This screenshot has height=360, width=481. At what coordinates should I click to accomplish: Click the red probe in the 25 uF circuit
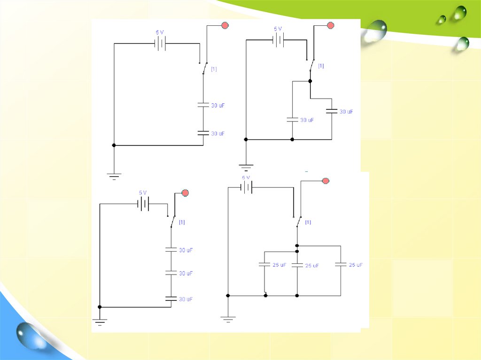pyautogui.click(x=326, y=181)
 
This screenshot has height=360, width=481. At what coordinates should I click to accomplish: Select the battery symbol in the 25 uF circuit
pyautogui.click(x=247, y=188)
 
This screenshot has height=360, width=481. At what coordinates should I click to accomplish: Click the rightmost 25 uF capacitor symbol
pyautogui.click(x=341, y=265)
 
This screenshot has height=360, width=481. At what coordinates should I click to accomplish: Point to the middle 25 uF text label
pyautogui.click(x=312, y=266)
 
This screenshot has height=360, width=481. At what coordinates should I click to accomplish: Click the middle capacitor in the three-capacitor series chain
pyautogui.click(x=171, y=273)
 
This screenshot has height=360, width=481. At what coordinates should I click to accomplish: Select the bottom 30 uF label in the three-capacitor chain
pyautogui.click(x=186, y=299)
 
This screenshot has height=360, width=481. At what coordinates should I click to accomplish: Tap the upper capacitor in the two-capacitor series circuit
pyautogui.click(x=203, y=106)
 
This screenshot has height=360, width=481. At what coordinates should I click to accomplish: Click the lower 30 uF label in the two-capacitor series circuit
pyautogui.click(x=217, y=134)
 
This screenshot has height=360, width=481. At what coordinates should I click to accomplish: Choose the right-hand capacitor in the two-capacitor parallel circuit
pyautogui.click(x=332, y=112)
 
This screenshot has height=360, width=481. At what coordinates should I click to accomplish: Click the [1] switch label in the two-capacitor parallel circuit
pyautogui.click(x=321, y=66)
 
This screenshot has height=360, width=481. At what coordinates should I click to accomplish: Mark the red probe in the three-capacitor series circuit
pyautogui.click(x=185, y=192)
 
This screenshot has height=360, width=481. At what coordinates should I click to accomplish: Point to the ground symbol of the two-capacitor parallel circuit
pyautogui.click(x=246, y=166)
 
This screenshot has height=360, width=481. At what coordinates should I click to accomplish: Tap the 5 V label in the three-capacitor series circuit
pyautogui.click(x=143, y=193)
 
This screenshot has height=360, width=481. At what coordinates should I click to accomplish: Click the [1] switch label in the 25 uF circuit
pyautogui.click(x=308, y=222)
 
